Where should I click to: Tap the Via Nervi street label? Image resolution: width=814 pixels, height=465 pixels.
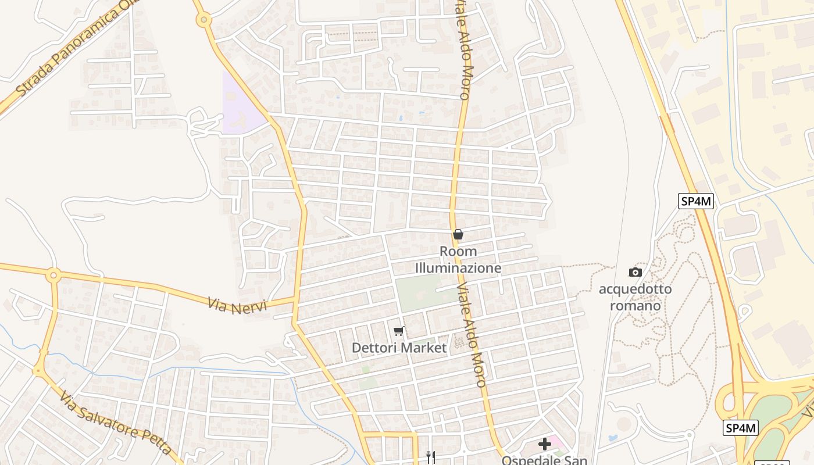pyautogui.click(x=237, y=305)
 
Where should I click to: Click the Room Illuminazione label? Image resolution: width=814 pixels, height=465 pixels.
pyautogui.click(x=458, y=260)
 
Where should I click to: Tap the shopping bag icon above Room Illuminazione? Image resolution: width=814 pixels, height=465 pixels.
pyautogui.click(x=458, y=234)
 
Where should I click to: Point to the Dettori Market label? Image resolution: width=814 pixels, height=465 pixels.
pyautogui.click(x=399, y=348)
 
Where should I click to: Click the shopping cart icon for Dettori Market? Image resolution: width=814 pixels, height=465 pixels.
pyautogui.click(x=398, y=331)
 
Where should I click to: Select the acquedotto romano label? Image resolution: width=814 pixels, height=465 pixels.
pyautogui.click(x=635, y=297)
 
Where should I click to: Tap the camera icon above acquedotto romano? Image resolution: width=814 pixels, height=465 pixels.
pyautogui.click(x=635, y=272)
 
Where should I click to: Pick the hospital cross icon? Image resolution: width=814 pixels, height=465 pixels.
pyautogui.click(x=544, y=445)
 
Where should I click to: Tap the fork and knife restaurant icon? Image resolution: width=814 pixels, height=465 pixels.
pyautogui.click(x=431, y=457)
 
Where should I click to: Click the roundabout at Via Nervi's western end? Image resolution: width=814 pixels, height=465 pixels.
pyautogui.click(x=53, y=274)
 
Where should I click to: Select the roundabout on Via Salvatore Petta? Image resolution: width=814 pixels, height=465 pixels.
pyautogui.click(x=39, y=369)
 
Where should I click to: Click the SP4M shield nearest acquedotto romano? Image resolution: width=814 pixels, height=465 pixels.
pyautogui.click(x=696, y=202)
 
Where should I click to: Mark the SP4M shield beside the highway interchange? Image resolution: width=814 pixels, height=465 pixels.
pyautogui.click(x=741, y=428)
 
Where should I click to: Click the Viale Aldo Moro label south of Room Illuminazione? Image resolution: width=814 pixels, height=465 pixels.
pyautogui.click(x=471, y=335)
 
